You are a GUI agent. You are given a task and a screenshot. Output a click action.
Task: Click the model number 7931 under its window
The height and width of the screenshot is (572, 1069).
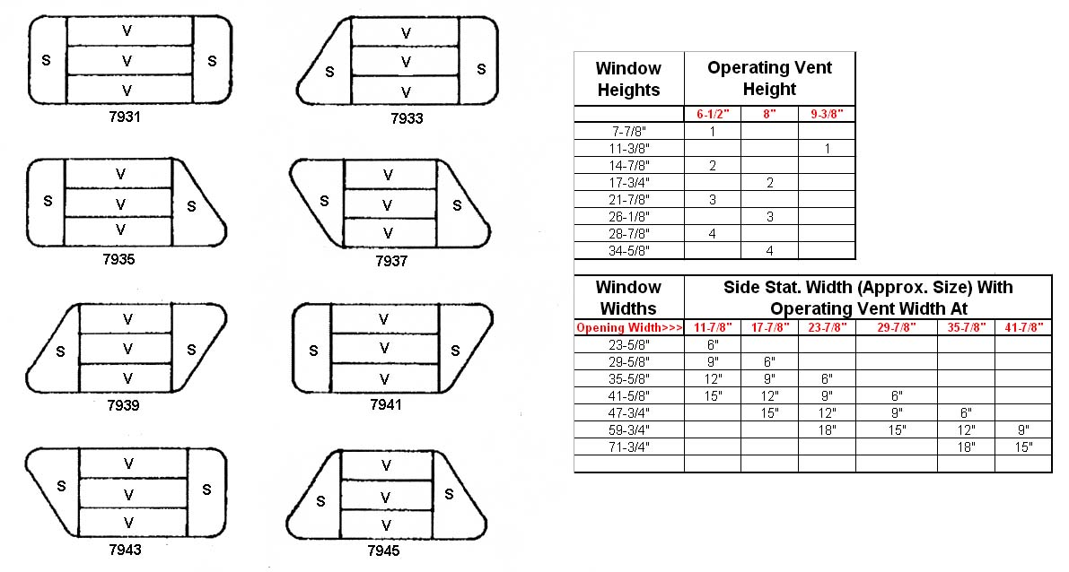click(125, 117)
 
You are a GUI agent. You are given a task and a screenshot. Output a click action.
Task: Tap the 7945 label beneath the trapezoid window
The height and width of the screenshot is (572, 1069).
click(383, 550)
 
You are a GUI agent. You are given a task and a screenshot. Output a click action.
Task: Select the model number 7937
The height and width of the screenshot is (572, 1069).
click(391, 261)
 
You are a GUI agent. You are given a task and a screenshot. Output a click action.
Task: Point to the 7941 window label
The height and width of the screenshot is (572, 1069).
click(386, 404)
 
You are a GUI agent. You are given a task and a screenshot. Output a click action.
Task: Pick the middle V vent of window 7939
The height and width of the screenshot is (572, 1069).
click(126, 349)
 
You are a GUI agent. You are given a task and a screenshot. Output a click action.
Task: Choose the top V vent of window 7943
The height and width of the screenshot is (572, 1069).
click(132, 464)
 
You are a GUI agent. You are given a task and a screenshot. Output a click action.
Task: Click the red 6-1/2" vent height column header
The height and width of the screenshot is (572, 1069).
click(713, 115)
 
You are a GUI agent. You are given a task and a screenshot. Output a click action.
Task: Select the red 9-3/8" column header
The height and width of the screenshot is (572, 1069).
click(827, 115)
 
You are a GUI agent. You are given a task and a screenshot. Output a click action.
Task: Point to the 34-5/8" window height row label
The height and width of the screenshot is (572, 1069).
click(628, 251)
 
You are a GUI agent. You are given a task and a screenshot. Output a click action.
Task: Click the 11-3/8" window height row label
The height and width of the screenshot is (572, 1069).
click(628, 149)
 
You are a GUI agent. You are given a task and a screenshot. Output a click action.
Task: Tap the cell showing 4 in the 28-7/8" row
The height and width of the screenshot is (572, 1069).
click(713, 234)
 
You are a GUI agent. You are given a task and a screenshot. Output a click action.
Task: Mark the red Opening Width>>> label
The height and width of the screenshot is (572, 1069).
click(628, 327)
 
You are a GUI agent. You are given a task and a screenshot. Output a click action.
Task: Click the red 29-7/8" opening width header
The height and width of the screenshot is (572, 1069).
click(897, 327)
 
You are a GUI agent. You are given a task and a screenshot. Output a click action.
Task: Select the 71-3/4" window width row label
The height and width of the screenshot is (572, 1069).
click(628, 446)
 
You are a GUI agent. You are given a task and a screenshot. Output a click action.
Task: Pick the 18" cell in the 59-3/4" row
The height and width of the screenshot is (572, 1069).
click(827, 429)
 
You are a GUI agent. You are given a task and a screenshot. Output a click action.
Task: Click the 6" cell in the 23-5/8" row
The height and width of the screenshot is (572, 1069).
click(713, 344)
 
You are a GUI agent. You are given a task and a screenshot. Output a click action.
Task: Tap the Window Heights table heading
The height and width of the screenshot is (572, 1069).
click(628, 79)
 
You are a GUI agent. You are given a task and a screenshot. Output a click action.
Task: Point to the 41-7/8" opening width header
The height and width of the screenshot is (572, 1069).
click(1023, 327)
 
